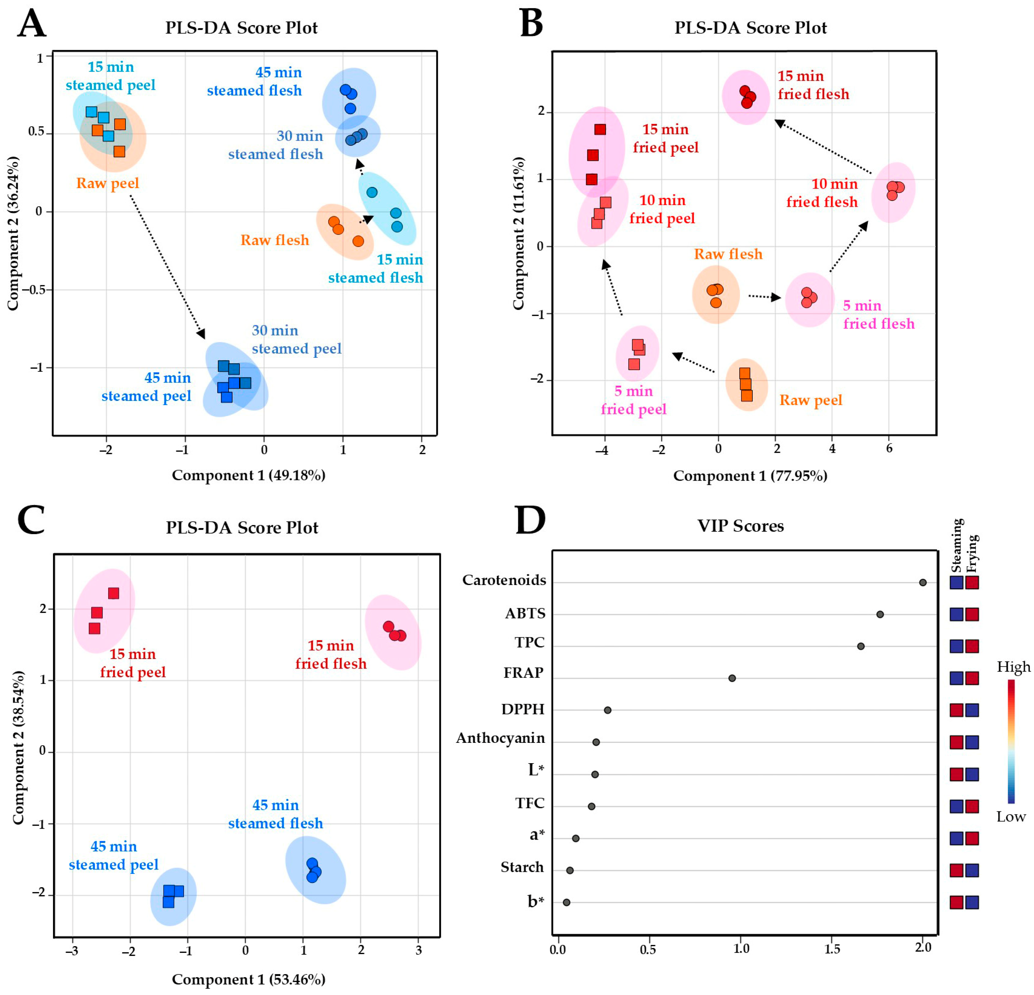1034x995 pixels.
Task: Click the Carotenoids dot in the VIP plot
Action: tap(923, 583)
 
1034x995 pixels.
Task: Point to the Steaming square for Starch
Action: tap(956, 870)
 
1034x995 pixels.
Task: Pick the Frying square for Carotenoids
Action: tap(972, 583)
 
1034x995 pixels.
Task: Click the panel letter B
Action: tap(531, 24)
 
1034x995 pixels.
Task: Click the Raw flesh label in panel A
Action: tap(274, 240)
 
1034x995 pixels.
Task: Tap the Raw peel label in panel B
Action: tap(811, 400)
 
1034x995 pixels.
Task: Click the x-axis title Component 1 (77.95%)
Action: tap(750, 476)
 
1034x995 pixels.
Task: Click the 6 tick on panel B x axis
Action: tap(889, 449)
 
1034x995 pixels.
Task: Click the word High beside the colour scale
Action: tap(1013, 667)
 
